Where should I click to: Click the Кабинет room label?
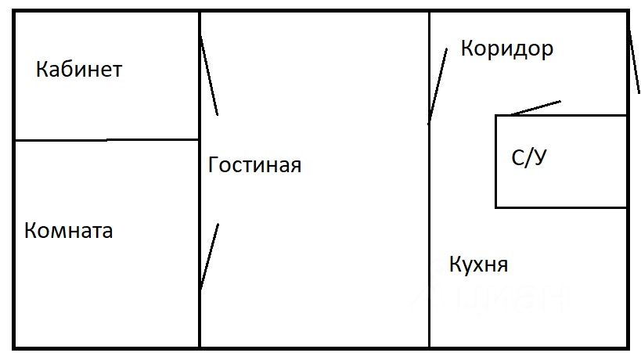79,70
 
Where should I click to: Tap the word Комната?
69,232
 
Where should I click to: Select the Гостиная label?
255,166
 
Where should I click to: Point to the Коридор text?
507,49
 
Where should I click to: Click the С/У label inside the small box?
528,158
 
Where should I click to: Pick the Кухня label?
478,265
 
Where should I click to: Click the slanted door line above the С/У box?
536,108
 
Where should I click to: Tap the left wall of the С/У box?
495,161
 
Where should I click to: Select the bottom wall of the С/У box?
561,207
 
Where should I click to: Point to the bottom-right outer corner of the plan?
628,347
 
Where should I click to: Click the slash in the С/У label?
528,159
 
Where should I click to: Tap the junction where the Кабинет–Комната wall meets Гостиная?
200,140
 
